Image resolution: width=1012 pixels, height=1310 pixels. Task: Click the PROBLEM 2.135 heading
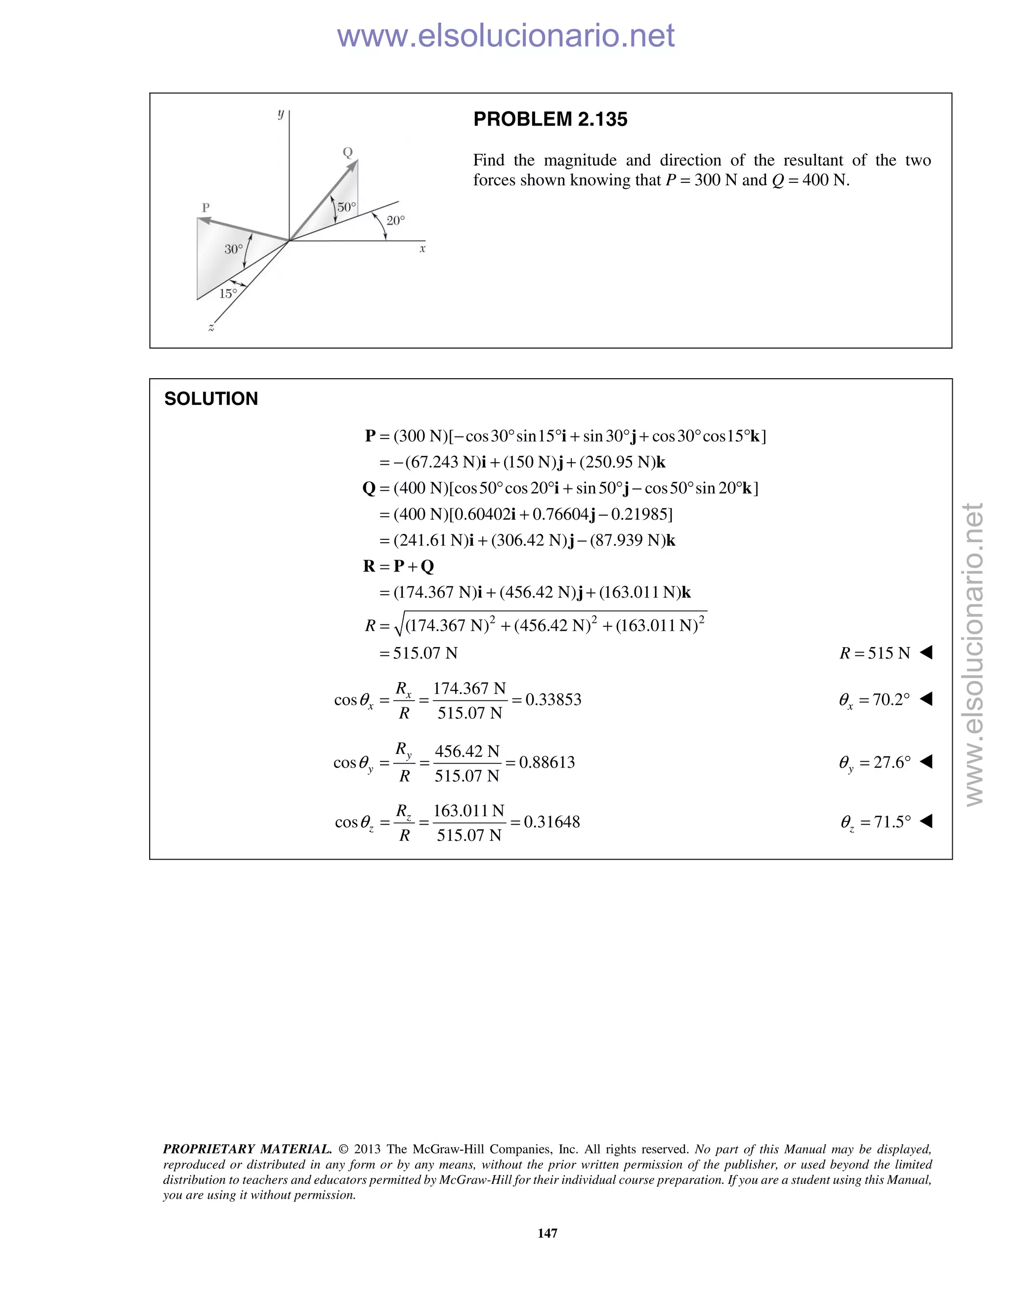pyautogui.click(x=550, y=119)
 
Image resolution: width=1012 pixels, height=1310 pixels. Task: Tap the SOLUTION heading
pyautogui.click(x=211, y=399)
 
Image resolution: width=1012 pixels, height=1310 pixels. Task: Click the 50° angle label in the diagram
pyautogui.click(x=346, y=208)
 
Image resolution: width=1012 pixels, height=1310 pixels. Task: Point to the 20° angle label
pyautogui.click(x=396, y=221)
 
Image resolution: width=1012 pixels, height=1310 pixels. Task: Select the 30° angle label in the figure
pyautogui.click(x=233, y=249)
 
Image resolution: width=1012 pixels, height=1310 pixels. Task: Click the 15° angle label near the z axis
pyautogui.click(x=228, y=293)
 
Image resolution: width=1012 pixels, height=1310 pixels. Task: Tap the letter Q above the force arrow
pyautogui.click(x=347, y=152)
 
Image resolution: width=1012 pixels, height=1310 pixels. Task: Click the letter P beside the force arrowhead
pyautogui.click(x=206, y=208)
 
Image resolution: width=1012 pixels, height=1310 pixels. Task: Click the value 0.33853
pyautogui.click(x=553, y=700)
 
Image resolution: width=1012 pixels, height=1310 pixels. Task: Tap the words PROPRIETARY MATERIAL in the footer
pyautogui.click(x=247, y=1149)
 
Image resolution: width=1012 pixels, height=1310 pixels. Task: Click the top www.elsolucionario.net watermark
pyautogui.click(x=506, y=36)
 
